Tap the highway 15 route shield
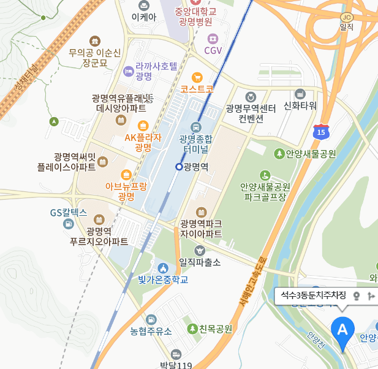(x=320, y=132)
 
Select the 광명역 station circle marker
(x=179, y=166)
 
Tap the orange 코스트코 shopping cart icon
(x=197, y=77)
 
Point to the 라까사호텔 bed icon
(x=128, y=71)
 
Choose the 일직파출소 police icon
(x=199, y=250)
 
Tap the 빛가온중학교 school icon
(x=162, y=268)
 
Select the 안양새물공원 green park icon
(x=279, y=153)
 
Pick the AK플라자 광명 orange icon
(x=143, y=125)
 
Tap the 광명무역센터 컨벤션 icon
(x=251, y=96)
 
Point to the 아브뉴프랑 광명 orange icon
(x=126, y=173)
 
